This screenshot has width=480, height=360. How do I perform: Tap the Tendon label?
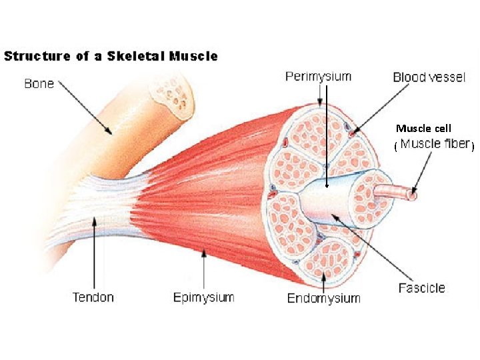pyautogui.click(x=93, y=297)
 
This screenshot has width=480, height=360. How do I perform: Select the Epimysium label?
pyautogui.click(x=203, y=297)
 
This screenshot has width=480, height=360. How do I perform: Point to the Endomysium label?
pyautogui.click(x=323, y=298)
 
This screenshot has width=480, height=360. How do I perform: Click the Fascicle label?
pyautogui.click(x=421, y=288)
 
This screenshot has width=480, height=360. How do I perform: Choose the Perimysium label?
pyautogui.click(x=318, y=77)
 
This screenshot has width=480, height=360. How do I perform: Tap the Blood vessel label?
pyautogui.click(x=429, y=77)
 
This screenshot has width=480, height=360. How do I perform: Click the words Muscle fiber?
pyautogui.click(x=434, y=144)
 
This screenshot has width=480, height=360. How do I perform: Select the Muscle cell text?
pyautogui.click(x=423, y=128)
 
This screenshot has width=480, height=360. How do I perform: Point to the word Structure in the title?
pyautogui.click(x=38, y=56)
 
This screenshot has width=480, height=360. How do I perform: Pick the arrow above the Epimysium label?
pyautogui.click(x=204, y=267)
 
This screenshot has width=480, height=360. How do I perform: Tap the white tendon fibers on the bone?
pyautogui.click(x=100, y=200)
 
